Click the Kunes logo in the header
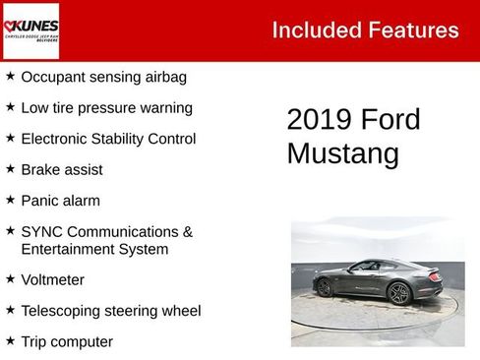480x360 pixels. coord(30,30)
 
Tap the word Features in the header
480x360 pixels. coord(413,30)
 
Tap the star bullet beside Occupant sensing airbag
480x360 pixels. coord(10,76)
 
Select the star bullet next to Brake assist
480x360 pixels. coord(10,168)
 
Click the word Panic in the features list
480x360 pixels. coord(41,201)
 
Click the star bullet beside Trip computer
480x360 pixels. coord(10,341)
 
